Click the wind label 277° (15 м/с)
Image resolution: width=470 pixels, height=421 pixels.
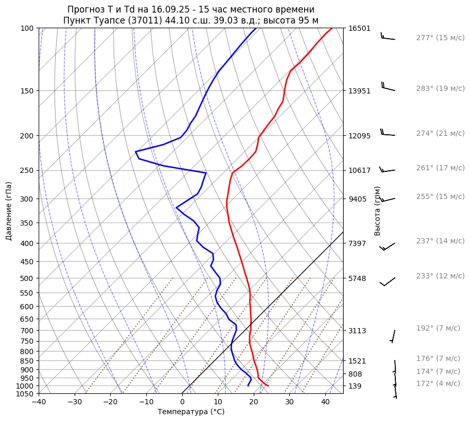(x=440, y=38)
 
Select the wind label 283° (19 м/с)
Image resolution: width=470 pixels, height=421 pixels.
(x=440, y=88)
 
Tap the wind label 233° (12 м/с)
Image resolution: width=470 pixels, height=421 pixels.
(x=440, y=276)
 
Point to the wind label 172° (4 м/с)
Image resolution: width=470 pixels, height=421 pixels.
(x=438, y=383)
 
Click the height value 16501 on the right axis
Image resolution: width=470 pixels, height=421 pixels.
(x=359, y=28)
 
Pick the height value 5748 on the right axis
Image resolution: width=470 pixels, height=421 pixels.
(x=357, y=278)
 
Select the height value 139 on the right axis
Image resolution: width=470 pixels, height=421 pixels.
(x=355, y=386)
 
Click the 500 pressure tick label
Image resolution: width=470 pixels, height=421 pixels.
(x=27, y=278)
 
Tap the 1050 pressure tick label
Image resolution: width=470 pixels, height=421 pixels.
(x=25, y=394)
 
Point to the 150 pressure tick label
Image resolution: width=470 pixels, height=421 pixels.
(x=27, y=91)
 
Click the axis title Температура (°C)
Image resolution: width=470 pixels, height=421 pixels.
(x=191, y=412)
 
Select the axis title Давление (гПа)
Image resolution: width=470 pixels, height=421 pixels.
(x=9, y=211)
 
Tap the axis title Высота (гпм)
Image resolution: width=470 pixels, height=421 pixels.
(x=378, y=211)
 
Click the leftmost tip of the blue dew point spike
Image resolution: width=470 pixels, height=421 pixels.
(x=136, y=152)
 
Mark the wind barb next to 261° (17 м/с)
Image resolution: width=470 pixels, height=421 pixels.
(x=387, y=170)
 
